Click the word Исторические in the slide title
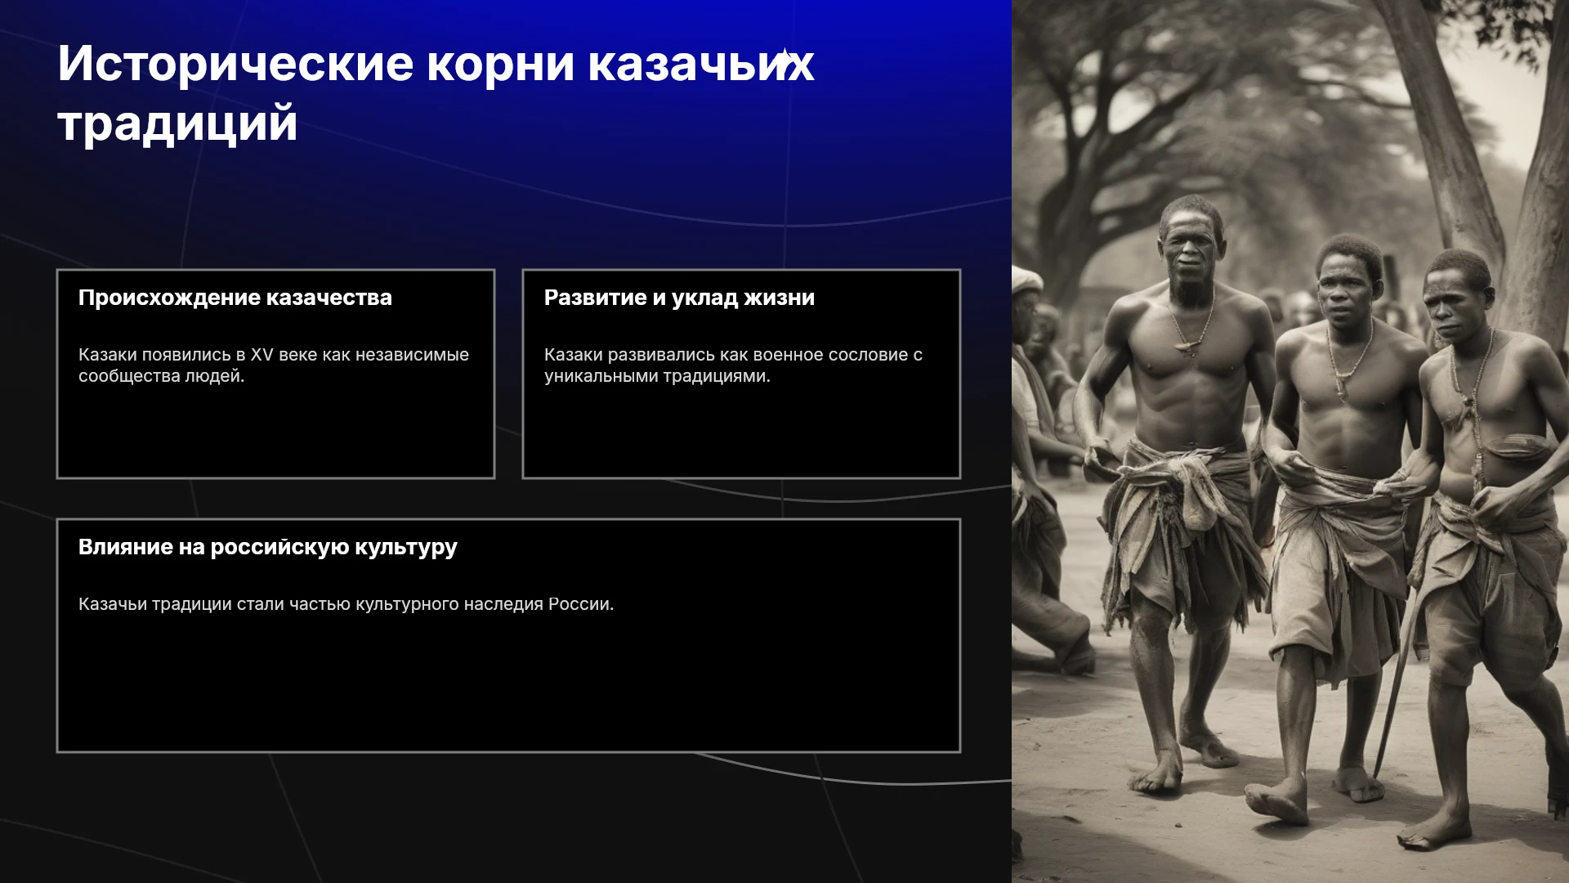[235, 64]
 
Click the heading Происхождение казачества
[235, 298]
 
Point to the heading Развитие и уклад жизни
[679, 298]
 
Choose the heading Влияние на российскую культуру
[268, 547]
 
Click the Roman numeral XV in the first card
[261, 355]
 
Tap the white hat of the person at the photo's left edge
[1026, 280]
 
